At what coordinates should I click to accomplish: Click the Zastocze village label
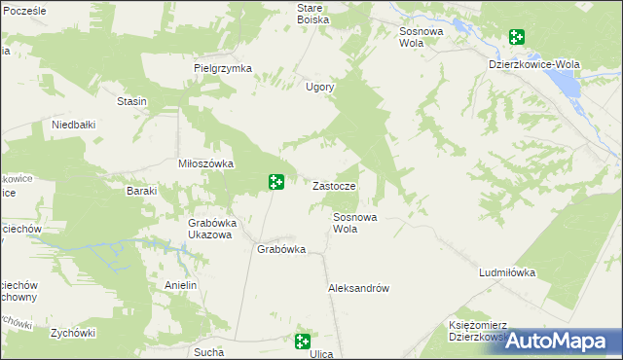[x=339, y=186]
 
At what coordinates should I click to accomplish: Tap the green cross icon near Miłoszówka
[x=276, y=181]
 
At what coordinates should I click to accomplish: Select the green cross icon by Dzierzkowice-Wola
[x=516, y=38]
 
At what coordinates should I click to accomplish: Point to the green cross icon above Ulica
[x=303, y=341]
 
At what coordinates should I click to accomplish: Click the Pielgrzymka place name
[x=223, y=68]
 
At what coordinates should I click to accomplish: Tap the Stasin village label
[x=131, y=101]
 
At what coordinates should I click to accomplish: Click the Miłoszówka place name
[x=205, y=163]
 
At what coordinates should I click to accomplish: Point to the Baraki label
[x=141, y=191]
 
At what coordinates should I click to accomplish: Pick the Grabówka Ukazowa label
[x=209, y=229]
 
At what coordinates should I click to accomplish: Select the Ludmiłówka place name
[x=507, y=273]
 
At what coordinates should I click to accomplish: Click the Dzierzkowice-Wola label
[x=533, y=64]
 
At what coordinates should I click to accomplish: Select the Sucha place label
[x=209, y=352]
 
